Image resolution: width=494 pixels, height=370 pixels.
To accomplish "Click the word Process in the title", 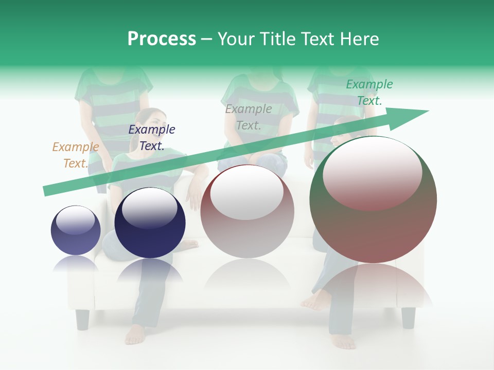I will [x=162, y=39].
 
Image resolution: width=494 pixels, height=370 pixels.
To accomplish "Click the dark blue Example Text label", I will [x=152, y=138].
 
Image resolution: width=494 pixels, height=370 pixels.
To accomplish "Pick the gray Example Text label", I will [x=249, y=117].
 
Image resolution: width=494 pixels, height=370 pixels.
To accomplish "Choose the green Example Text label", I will [x=369, y=92].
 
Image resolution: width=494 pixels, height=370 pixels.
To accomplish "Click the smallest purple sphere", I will [x=76, y=230].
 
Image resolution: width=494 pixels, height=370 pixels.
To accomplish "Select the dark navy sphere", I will [x=150, y=223].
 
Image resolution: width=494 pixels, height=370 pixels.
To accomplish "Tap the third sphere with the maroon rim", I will [x=247, y=211].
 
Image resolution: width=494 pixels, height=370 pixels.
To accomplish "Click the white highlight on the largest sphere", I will [x=373, y=172].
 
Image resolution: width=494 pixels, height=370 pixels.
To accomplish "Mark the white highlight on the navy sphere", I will [x=149, y=208].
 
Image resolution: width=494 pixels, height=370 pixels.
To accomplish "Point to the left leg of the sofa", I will [x=82, y=319].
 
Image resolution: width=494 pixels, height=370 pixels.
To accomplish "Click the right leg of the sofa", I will [x=408, y=318].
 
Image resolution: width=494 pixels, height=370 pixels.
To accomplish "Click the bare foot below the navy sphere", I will [x=135, y=334].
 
